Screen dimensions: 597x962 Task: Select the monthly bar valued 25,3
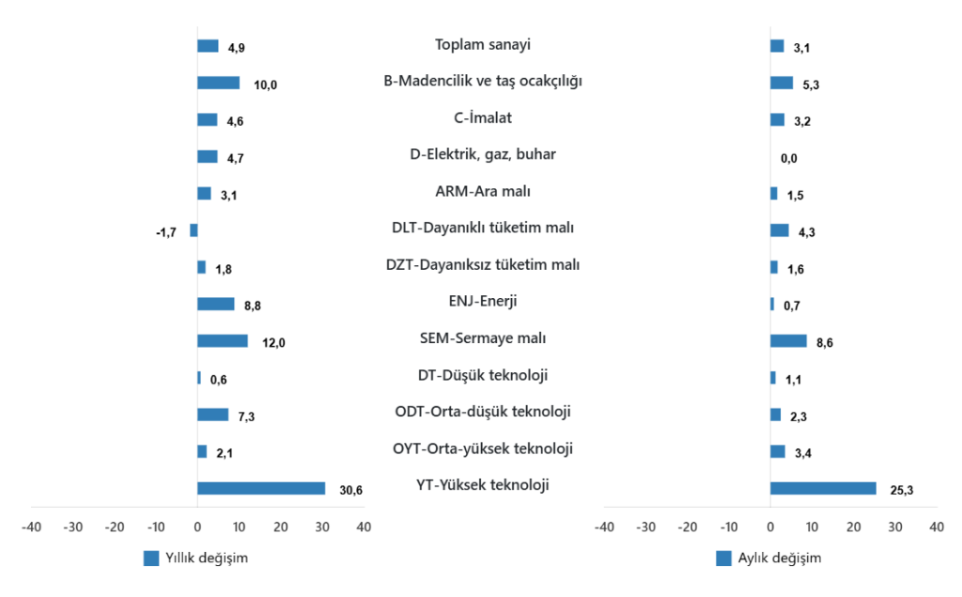click(x=823, y=488)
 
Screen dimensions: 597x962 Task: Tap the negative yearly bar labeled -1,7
click(x=194, y=230)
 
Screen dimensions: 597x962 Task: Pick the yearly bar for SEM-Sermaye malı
click(x=223, y=340)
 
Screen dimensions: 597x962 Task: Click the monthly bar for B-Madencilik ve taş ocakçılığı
click(x=782, y=83)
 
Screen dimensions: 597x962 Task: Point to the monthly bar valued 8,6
click(x=788, y=340)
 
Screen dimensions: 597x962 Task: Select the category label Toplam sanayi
click(x=483, y=44)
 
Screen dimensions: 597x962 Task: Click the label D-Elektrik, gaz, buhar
click(x=483, y=154)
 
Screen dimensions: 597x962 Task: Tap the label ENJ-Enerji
click(x=483, y=301)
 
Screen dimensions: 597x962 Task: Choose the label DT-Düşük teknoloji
click(x=483, y=375)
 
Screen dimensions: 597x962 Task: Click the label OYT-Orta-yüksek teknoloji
click(x=483, y=448)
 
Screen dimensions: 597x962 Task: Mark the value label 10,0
click(x=266, y=86)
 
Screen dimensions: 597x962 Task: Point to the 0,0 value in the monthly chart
click(x=789, y=158)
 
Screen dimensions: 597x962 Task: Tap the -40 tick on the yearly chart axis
click(x=31, y=527)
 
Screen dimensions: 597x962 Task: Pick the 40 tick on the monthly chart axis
click(x=936, y=527)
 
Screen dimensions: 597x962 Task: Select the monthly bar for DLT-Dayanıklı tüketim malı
click(x=780, y=230)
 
